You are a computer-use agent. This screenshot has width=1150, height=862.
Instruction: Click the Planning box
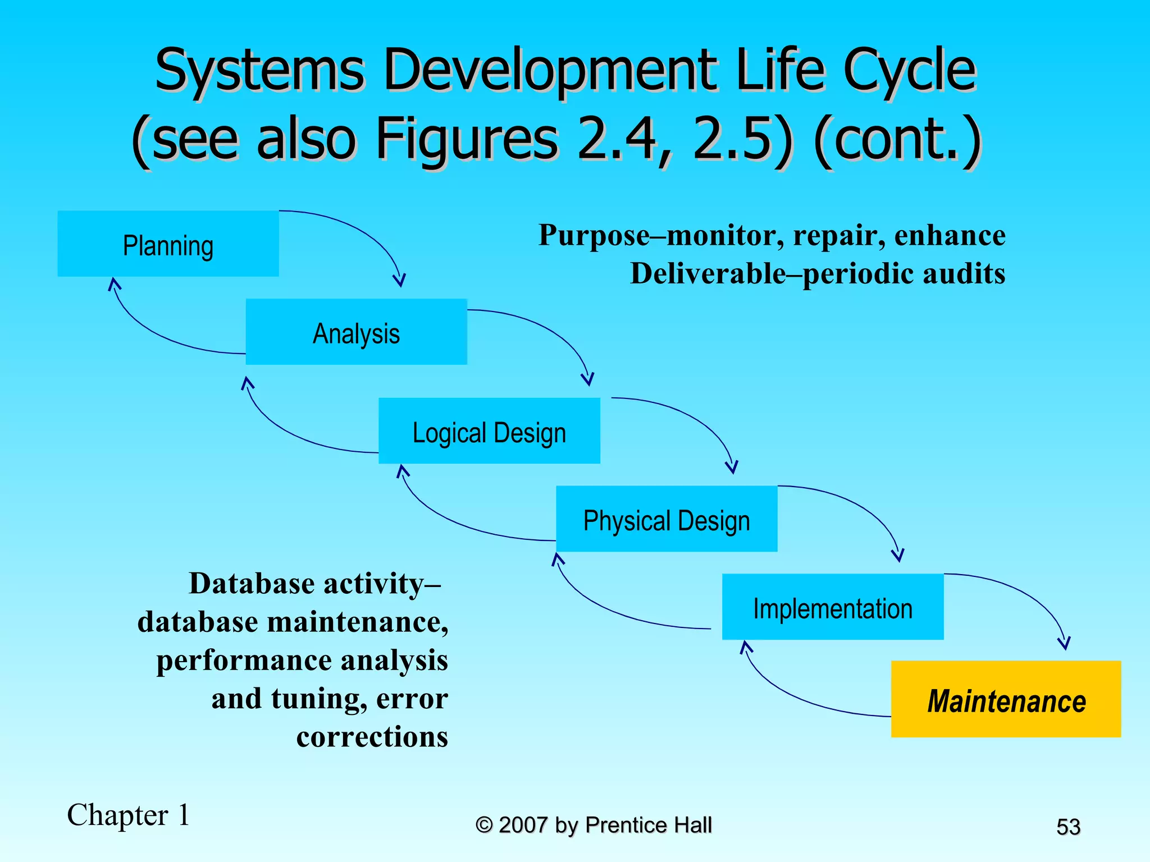(x=168, y=244)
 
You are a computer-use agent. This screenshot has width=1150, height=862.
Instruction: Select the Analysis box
(x=356, y=332)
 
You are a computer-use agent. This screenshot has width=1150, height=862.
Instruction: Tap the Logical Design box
(x=489, y=431)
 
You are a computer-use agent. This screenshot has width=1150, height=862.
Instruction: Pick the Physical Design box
(x=667, y=519)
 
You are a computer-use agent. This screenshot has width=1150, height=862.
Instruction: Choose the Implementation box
(x=833, y=607)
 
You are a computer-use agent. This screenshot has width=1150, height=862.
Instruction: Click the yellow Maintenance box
(x=1006, y=699)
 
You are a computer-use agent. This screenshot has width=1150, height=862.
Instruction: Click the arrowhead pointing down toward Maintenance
(x=1064, y=643)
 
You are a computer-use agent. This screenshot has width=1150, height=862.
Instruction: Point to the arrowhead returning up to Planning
(x=114, y=283)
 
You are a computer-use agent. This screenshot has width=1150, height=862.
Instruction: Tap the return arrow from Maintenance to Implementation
(x=797, y=696)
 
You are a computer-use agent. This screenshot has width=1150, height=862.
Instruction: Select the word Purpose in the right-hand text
(x=594, y=235)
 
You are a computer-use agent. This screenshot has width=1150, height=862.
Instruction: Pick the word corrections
(x=372, y=736)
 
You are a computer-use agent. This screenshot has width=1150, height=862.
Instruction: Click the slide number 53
(x=1068, y=827)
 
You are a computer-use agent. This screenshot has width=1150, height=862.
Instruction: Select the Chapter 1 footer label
(x=129, y=815)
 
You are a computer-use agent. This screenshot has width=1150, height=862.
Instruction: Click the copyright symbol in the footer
(x=483, y=825)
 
